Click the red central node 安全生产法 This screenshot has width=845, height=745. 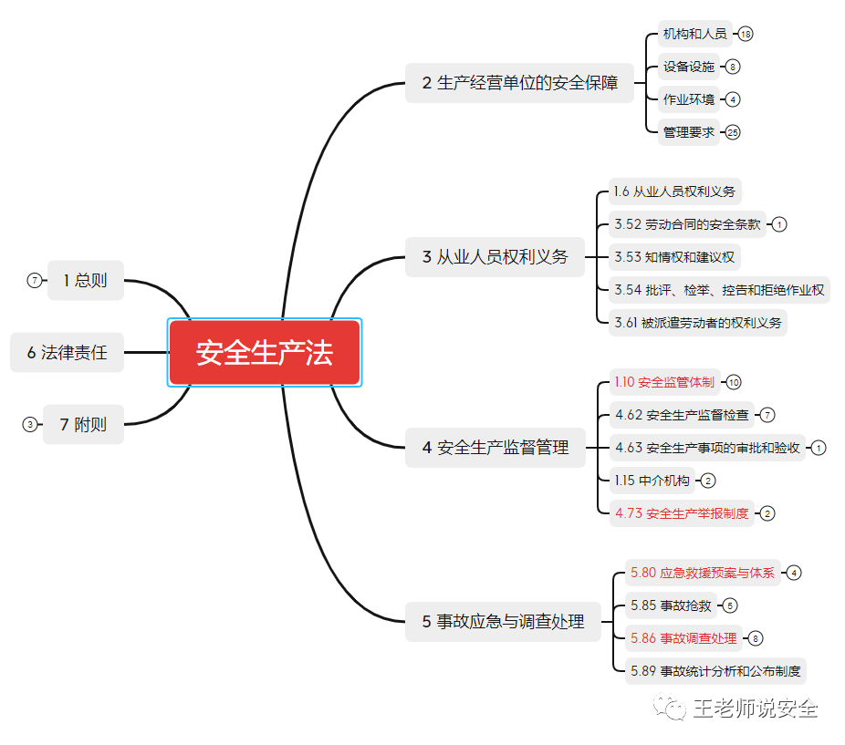(265, 352)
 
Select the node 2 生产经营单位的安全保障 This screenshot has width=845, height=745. (519, 83)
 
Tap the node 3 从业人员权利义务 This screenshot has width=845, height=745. (495, 257)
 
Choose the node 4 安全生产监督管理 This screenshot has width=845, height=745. (495, 448)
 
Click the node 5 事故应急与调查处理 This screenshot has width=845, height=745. (503, 622)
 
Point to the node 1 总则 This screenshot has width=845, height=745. (85, 280)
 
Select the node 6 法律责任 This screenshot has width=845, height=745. (67, 352)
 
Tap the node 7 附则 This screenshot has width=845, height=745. (83, 424)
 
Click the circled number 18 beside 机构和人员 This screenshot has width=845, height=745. (746, 34)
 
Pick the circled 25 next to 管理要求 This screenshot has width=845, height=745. (733, 132)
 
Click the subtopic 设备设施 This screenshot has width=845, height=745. (689, 67)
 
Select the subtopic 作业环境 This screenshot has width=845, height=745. (689, 99)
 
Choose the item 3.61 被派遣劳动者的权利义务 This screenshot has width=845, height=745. (698, 323)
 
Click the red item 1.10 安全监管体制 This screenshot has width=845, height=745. (664, 382)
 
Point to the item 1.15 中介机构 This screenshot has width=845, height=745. (652, 481)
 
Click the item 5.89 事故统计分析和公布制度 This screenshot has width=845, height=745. (715, 671)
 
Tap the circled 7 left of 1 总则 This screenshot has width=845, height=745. (35, 280)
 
